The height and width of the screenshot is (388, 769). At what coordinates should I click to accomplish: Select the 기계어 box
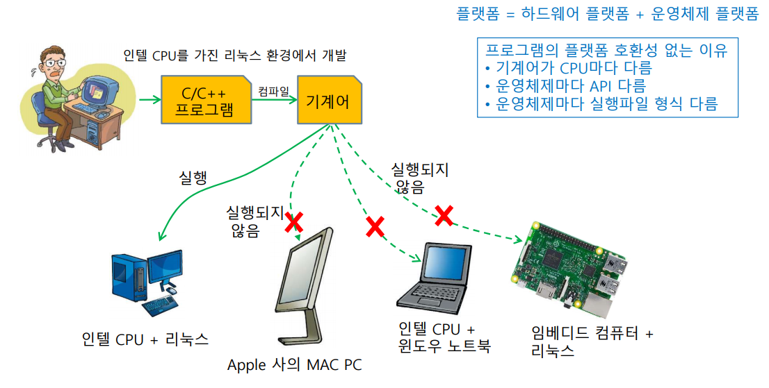pyautogui.click(x=327, y=101)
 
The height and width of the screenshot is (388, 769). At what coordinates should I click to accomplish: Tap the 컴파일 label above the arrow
pyautogui.click(x=273, y=91)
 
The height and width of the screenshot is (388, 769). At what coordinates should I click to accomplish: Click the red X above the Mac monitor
pyautogui.click(x=294, y=222)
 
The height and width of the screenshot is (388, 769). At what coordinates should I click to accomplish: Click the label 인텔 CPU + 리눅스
pyautogui.click(x=145, y=339)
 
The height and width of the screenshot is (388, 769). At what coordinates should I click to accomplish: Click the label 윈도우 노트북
pyautogui.click(x=445, y=346)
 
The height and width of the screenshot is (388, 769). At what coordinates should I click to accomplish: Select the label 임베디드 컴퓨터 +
pyautogui.click(x=588, y=334)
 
